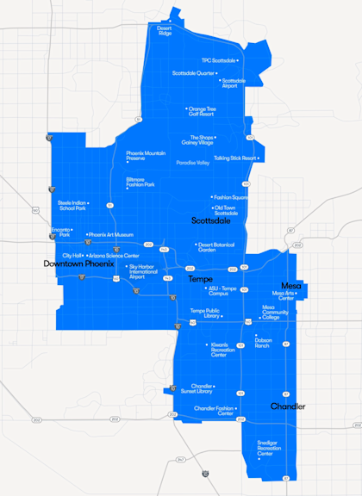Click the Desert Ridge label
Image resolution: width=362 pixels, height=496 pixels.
[x=164, y=30]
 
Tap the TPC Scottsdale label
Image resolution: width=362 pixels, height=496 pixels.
[x=219, y=60]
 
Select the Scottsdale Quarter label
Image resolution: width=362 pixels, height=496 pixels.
[x=194, y=73]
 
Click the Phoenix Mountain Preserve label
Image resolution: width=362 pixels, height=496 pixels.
[x=146, y=155]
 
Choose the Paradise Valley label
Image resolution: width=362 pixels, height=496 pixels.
[x=192, y=162]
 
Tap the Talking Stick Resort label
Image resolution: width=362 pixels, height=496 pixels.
[x=235, y=158]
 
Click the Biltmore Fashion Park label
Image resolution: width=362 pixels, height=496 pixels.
[x=140, y=183]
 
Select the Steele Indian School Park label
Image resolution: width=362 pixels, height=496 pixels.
[x=72, y=205]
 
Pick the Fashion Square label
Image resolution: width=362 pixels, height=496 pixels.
[x=231, y=197]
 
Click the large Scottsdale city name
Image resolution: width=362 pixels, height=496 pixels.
[x=211, y=220]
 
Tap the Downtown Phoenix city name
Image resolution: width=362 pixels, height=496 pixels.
[x=78, y=263]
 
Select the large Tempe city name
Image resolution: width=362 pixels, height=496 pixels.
[x=200, y=279]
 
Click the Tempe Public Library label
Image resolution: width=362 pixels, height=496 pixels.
[x=204, y=313]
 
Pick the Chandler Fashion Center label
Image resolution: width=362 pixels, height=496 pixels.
[x=214, y=411]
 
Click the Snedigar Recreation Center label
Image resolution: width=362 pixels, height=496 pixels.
[x=269, y=448]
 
